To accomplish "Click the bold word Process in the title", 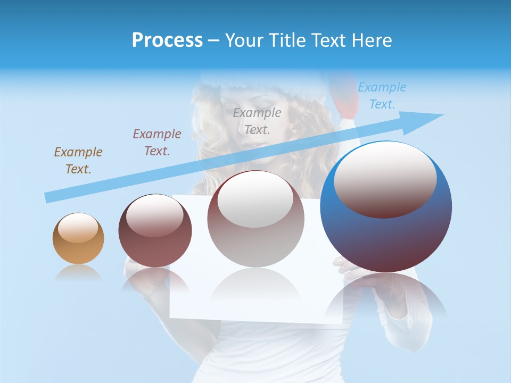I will (167, 40).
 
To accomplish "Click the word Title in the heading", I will (287, 40).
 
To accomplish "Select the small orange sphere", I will (78, 239).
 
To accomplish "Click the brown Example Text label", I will (78, 160).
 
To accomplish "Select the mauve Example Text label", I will (157, 142).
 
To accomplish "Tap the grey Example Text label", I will (257, 121).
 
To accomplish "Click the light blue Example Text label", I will (382, 95).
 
